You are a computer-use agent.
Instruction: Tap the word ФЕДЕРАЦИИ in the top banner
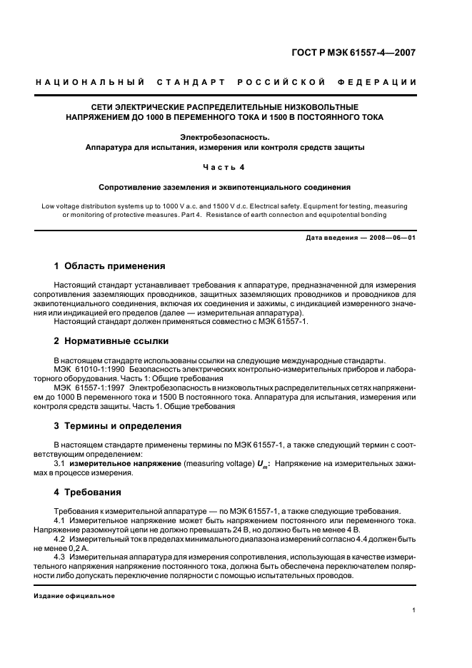[x=387, y=83]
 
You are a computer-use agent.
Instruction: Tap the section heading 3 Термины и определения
[x=117, y=426]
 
